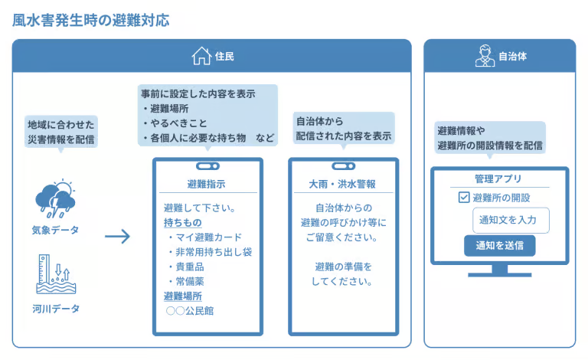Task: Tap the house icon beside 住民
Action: (201, 56)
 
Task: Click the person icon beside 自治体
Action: (483, 56)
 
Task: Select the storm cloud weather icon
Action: (55, 198)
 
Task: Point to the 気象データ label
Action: (55, 230)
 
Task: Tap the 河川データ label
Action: (55, 309)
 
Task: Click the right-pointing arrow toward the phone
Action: (117, 237)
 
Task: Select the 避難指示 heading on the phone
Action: (206, 185)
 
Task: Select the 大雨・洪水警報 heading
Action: (342, 185)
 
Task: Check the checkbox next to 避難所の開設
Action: (464, 198)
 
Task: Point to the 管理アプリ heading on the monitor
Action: (498, 179)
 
